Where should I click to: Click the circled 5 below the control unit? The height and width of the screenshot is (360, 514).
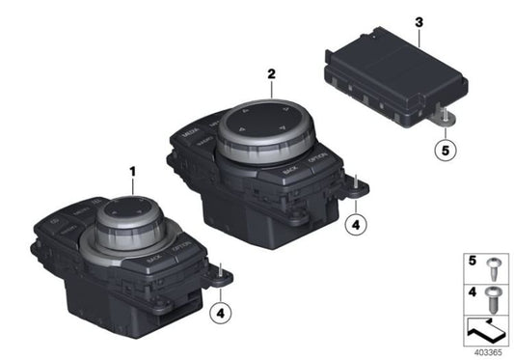pos(445,150)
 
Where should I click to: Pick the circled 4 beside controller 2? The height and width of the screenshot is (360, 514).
pos(355,224)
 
